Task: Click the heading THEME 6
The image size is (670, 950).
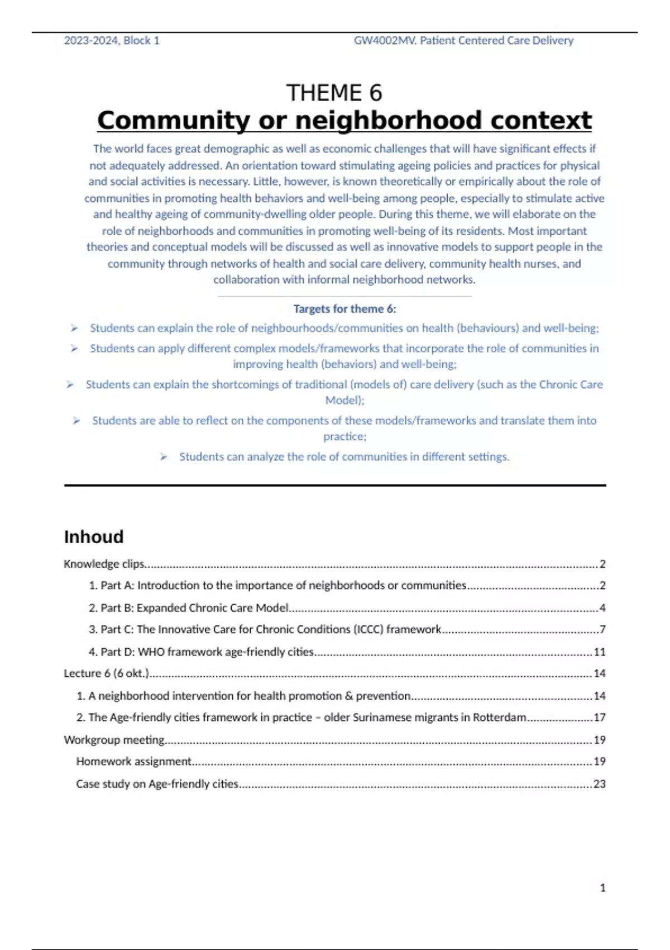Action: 334,93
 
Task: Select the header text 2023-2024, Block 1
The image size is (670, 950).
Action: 112,41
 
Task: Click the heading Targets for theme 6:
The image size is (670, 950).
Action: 344,309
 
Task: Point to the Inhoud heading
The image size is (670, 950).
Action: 93,537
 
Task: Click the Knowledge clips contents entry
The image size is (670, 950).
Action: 104,564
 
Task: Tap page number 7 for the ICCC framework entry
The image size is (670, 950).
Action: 602,630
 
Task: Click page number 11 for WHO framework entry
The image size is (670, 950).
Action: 600,652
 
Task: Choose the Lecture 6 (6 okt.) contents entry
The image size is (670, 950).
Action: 106,673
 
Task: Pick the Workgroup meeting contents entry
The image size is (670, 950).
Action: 114,740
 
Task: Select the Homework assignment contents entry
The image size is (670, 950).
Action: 134,762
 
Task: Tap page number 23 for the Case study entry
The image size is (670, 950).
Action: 600,784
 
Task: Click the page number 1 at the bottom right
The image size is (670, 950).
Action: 602,888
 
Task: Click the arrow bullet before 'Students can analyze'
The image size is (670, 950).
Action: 164,457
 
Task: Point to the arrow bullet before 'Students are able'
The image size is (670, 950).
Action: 76,421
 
